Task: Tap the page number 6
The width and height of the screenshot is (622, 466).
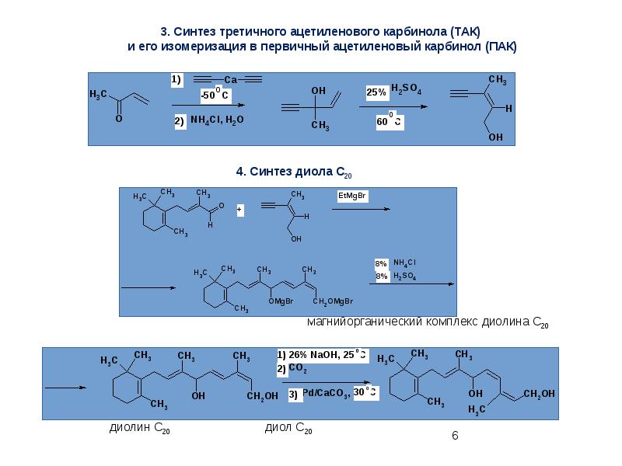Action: pyautogui.click(x=456, y=436)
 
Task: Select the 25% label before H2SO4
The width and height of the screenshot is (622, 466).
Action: pyautogui.click(x=376, y=92)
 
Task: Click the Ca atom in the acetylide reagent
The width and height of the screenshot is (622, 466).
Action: pyautogui.click(x=230, y=79)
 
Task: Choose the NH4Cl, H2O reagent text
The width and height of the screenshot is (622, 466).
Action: pyautogui.click(x=217, y=121)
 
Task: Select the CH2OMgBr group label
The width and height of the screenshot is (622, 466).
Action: pyautogui.click(x=334, y=301)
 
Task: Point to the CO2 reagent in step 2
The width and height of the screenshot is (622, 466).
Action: pyautogui.click(x=298, y=369)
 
